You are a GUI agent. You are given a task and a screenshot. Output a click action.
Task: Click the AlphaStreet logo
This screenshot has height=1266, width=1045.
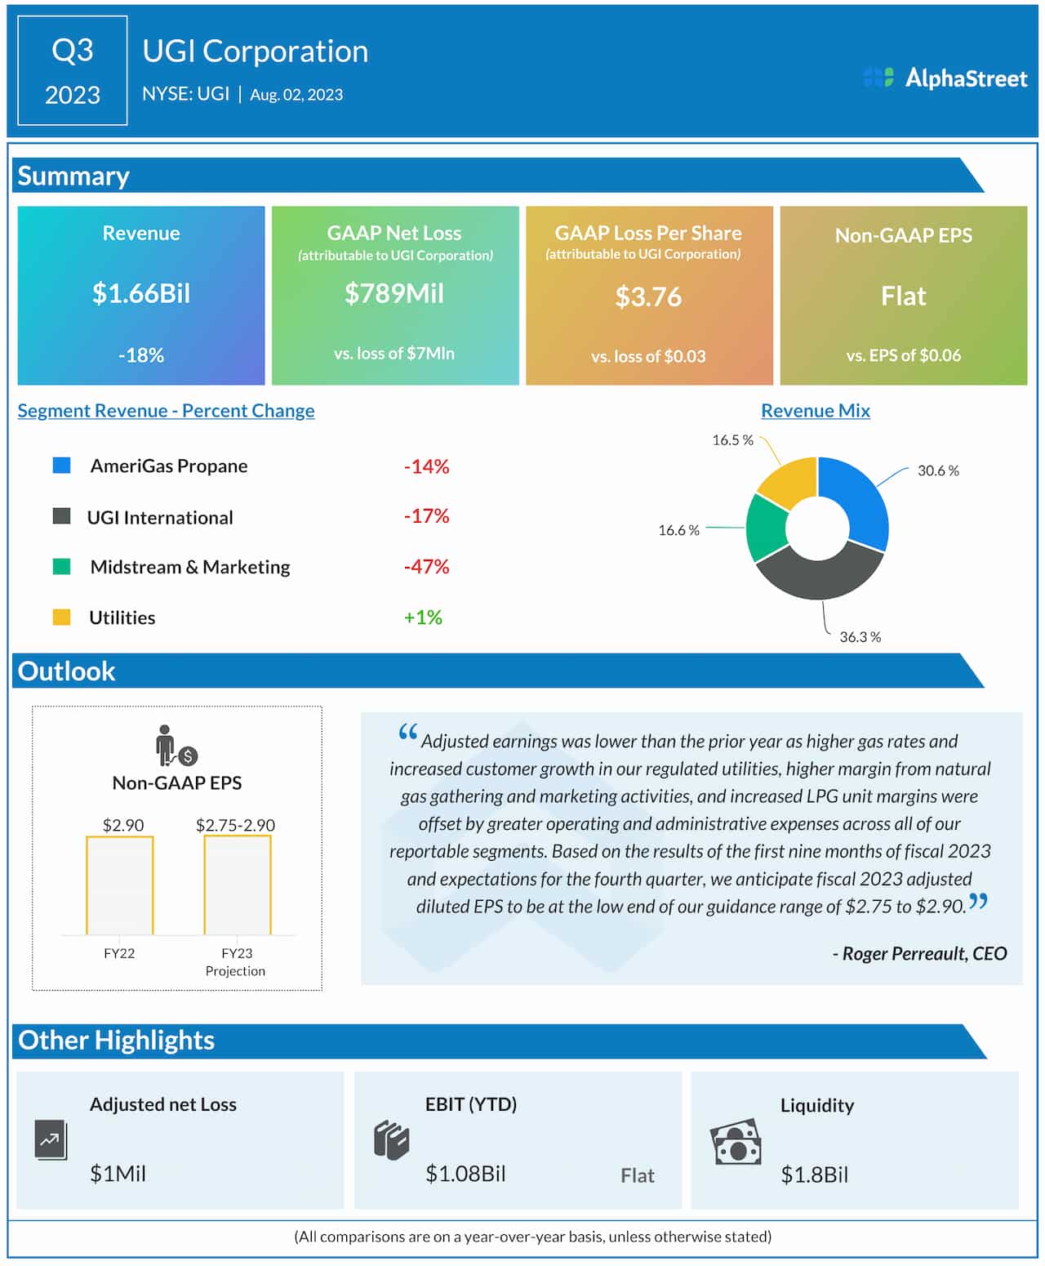click(945, 78)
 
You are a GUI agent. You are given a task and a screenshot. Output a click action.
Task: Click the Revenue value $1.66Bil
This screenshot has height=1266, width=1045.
click(141, 293)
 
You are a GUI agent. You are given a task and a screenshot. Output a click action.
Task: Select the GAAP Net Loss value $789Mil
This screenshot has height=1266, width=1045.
click(394, 293)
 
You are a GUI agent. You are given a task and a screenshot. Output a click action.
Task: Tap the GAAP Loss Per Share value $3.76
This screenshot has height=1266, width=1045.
click(648, 296)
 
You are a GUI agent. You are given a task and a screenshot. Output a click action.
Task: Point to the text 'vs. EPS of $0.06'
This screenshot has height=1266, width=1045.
click(903, 355)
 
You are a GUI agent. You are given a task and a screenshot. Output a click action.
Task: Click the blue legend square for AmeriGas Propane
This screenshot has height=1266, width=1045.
click(61, 466)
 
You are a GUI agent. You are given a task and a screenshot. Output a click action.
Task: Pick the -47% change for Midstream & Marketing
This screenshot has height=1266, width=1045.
click(426, 567)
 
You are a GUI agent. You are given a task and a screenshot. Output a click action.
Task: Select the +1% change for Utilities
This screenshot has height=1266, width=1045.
click(423, 617)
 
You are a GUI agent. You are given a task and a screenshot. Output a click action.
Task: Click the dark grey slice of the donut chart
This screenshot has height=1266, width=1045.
click(819, 577)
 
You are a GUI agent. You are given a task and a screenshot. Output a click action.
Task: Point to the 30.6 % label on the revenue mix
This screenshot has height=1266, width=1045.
click(938, 470)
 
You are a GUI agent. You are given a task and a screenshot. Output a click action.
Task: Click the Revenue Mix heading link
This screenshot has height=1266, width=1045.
click(815, 411)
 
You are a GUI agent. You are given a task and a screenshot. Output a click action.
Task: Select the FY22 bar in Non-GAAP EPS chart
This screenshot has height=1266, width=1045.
click(119, 885)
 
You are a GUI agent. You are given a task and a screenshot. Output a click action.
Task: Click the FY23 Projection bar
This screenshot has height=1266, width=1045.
click(237, 885)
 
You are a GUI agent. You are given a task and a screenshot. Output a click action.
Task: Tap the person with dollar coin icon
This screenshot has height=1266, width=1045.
click(176, 746)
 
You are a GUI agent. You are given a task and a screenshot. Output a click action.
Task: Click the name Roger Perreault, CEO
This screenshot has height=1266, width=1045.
click(919, 953)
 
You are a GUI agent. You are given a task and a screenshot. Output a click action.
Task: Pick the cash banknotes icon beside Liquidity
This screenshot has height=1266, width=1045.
click(736, 1142)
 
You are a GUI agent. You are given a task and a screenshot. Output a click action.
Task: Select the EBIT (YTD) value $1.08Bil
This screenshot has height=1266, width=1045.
click(465, 1174)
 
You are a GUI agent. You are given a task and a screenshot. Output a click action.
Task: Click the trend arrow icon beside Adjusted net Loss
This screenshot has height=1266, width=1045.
click(51, 1140)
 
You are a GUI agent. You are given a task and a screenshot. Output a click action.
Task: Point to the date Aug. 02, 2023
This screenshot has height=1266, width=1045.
click(296, 95)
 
